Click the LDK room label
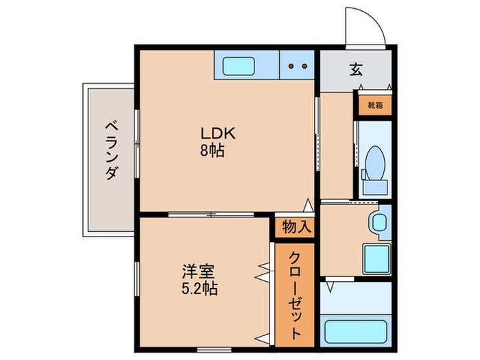click(213, 132)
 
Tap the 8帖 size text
click(213, 149)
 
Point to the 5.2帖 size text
click(199, 289)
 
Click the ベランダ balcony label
click(110, 151)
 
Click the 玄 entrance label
click(356, 69)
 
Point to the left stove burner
click(291, 67)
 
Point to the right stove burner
click(303, 67)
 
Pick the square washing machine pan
click(376, 259)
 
